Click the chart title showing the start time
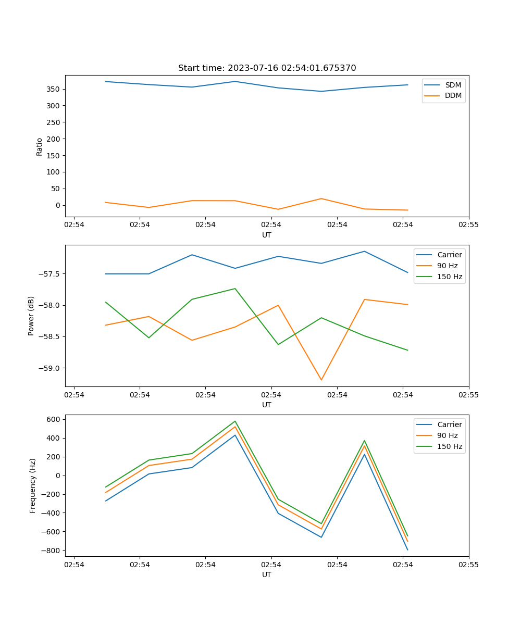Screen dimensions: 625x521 [x=267, y=68]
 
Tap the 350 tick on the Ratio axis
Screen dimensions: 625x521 [x=55, y=89]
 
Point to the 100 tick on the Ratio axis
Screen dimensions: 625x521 [x=55, y=172]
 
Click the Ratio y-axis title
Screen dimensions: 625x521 [x=40, y=146]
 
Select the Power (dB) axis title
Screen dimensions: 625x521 [x=31, y=316]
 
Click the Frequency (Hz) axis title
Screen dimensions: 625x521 [x=33, y=485]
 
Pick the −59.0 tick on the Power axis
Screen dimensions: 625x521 [x=50, y=368]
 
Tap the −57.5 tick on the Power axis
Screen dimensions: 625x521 [x=50, y=274]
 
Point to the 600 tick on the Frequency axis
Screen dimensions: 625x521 [x=55, y=419]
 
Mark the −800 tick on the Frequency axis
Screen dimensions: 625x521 [x=53, y=551]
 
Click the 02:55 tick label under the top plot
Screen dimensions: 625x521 [x=468, y=225]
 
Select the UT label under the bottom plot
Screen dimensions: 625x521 [x=267, y=574]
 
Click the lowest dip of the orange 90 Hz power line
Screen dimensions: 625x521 [x=321, y=380]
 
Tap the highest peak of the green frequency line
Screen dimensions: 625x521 [x=235, y=421]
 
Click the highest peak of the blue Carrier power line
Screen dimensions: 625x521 [x=364, y=251]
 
